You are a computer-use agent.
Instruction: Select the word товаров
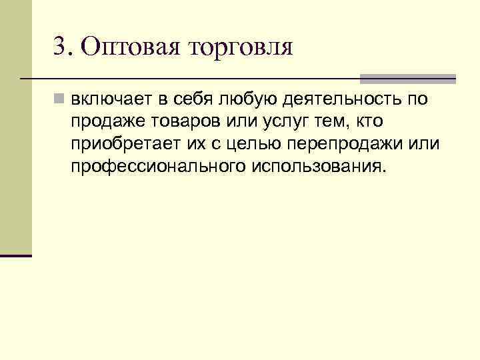[x=176, y=122]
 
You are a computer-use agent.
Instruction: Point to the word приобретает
[x=118, y=144]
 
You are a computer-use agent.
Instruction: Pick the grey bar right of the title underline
[x=407, y=79]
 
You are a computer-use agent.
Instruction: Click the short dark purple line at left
[x=16, y=255]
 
